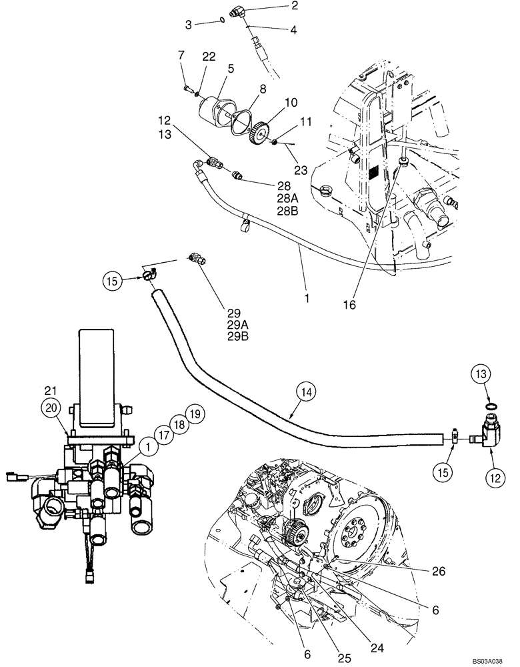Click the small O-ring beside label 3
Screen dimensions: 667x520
coord(221,21)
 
